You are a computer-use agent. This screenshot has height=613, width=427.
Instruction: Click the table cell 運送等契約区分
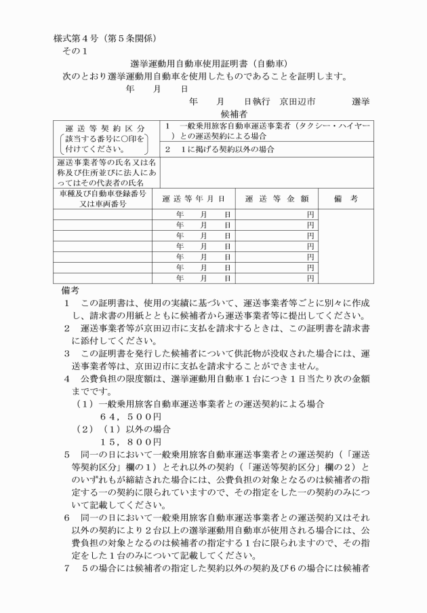(105, 128)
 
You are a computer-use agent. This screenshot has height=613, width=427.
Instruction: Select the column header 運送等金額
(277, 199)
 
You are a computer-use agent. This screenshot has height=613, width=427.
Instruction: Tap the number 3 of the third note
(67, 354)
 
